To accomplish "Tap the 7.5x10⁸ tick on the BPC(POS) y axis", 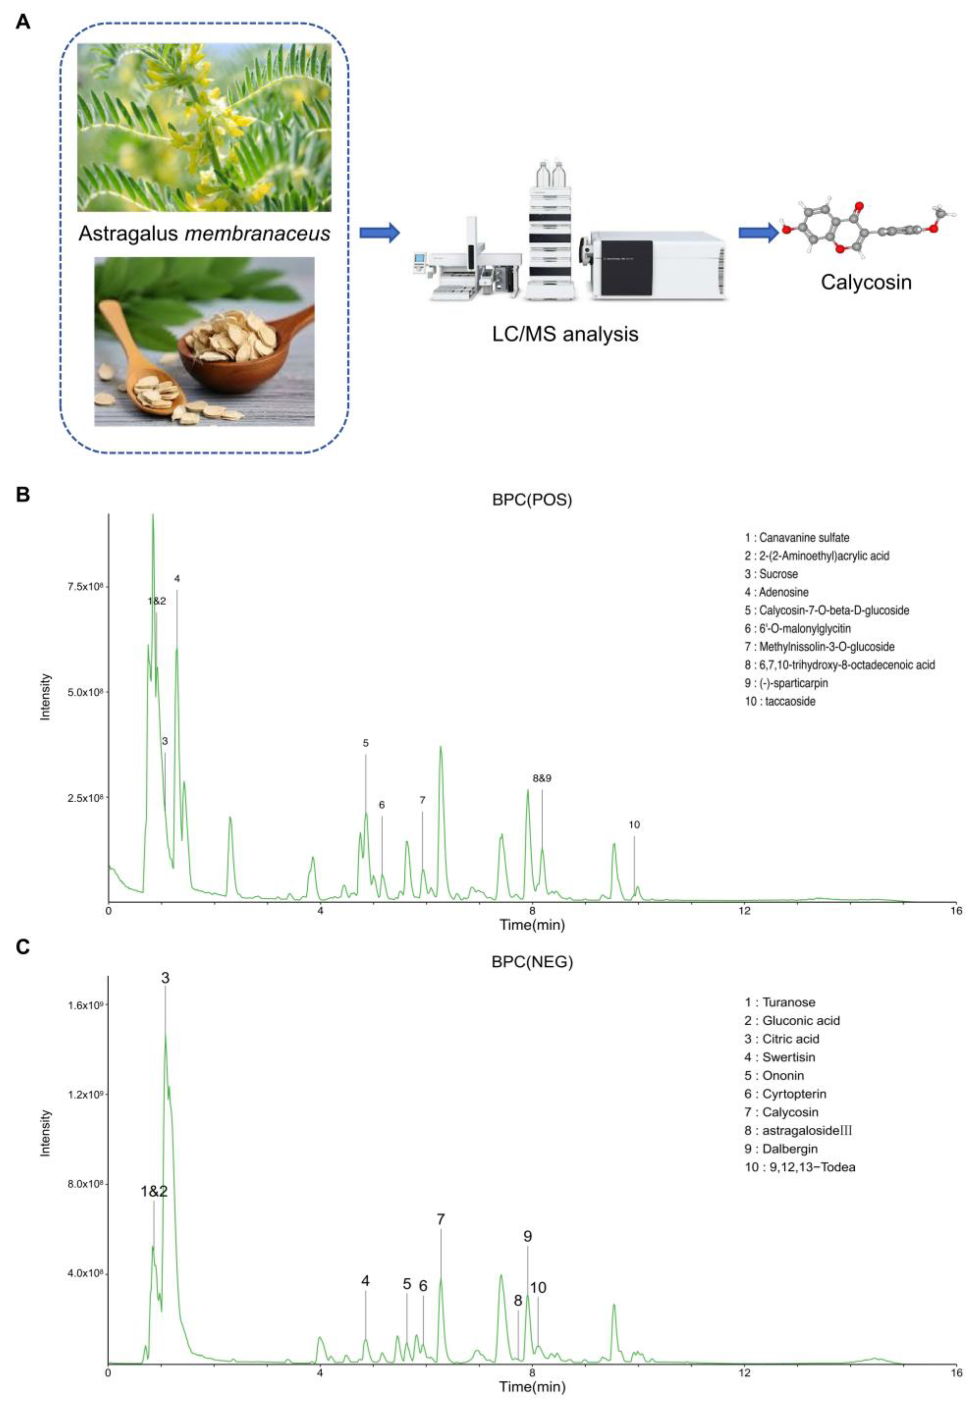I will click(x=84, y=587).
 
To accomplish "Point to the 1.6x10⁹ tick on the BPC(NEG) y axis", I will click(x=84, y=1004).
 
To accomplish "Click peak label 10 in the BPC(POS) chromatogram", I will click(x=634, y=825).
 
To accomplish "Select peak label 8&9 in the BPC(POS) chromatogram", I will click(x=541, y=778).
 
